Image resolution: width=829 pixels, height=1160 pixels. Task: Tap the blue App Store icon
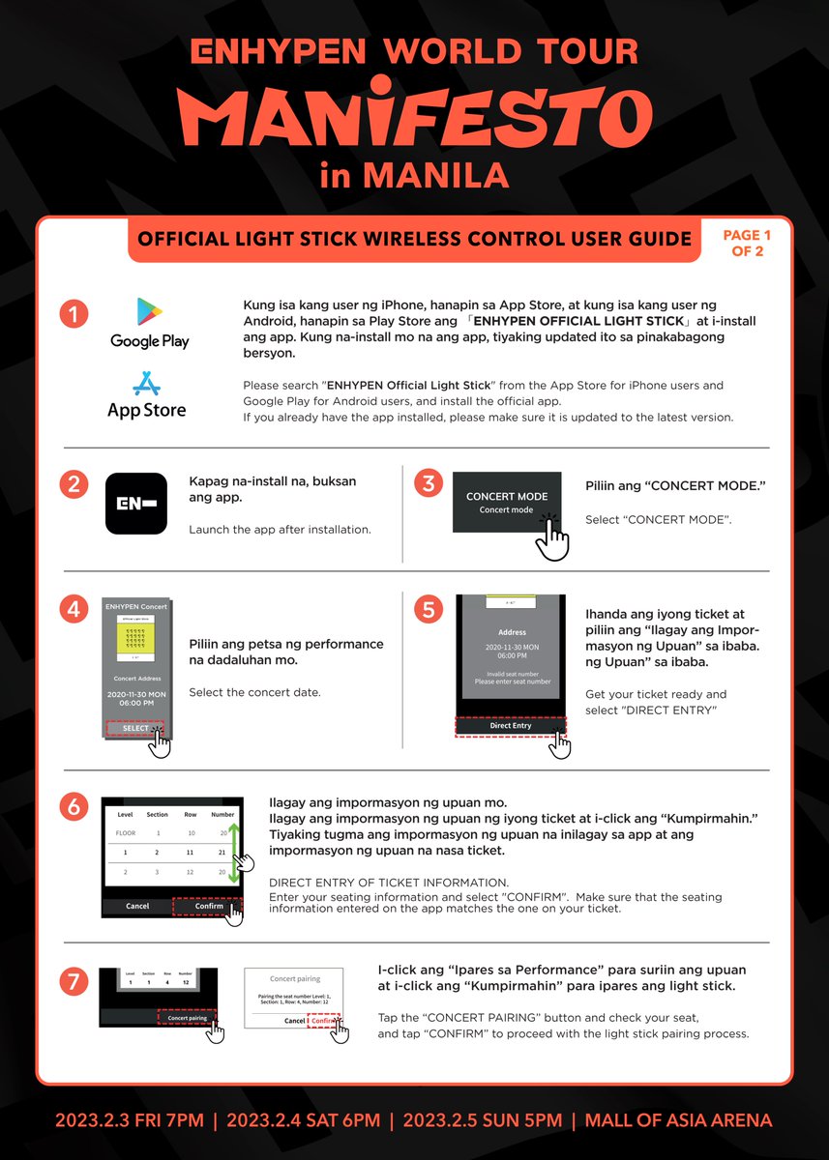[146, 385]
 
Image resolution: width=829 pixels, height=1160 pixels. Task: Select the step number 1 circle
[74, 314]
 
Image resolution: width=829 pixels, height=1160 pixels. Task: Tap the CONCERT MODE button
[506, 502]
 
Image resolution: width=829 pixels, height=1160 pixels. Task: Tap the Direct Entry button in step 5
[510, 726]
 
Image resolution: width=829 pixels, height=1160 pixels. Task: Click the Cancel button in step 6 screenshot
[137, 906]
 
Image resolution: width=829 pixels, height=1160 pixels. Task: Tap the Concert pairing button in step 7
[188, 1018]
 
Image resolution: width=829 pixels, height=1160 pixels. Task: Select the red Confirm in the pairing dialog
[324, 1021]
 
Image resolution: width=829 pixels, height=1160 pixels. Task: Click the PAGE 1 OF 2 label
[747, 243]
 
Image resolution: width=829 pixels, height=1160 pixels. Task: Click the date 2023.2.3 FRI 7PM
[129, 1120]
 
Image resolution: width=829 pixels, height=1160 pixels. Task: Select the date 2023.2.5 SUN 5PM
[482, 1120]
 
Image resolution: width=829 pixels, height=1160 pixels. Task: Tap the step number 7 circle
[74, 983]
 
